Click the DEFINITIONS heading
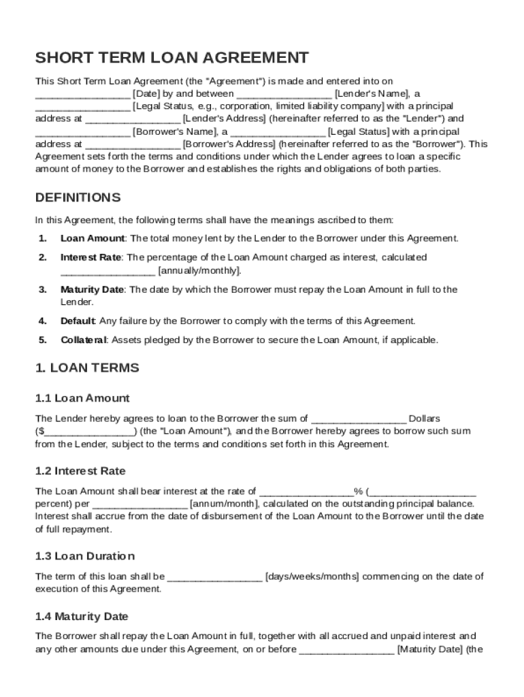coord(78,197)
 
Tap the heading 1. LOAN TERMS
coord(87,368)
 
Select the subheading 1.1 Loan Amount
coord(82,398)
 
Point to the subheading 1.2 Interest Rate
coord(80,471)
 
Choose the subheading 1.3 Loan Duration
coord(85,556)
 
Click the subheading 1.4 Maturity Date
coord(82,617)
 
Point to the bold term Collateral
coord(83,340)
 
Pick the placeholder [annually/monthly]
coord(199,270)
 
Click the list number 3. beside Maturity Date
coord(42,289)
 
